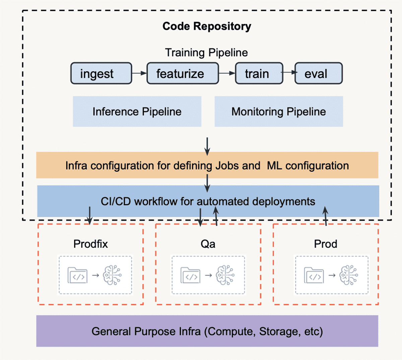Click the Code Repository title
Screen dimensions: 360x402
pos(207,26)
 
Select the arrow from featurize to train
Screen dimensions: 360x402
pos(227,73)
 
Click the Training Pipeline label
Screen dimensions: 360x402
pos(206,53)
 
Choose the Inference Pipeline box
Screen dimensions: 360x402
pos(137,112)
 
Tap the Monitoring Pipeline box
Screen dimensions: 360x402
pos(278,112)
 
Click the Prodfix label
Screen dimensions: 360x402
pos(90,244)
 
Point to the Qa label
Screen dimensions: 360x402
pos(208,244)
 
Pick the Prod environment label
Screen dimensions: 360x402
pos(325,244)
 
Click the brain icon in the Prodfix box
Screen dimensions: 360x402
pos(112,275)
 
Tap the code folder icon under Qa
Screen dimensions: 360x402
pos(191,275)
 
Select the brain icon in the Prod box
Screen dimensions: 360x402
pos(348,275)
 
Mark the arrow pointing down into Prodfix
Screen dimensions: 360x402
pos(89,216)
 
